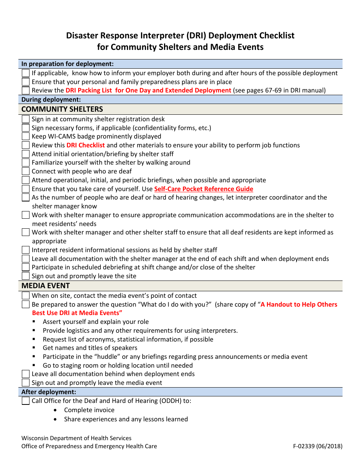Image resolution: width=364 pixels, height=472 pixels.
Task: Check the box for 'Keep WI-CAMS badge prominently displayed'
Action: (26, 136)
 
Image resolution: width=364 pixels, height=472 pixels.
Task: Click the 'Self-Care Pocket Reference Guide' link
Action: (203, 189)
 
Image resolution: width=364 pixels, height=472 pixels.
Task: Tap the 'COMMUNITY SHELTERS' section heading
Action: (62, 109)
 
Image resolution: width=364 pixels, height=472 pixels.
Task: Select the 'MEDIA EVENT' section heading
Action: (46, 286)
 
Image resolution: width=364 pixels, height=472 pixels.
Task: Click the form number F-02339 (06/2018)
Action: (318, 446)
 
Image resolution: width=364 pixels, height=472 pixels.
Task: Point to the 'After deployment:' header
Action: (49, 392)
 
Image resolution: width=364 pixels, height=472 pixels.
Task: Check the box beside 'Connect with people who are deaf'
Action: (26, 171)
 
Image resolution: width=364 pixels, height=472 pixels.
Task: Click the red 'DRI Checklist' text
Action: (85, 145)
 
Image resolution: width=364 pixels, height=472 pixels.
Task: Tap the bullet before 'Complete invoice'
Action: (56, 410)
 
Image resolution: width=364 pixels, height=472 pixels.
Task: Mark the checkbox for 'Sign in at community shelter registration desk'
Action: (26, 119)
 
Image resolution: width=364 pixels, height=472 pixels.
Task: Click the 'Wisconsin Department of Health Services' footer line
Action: (76, 438)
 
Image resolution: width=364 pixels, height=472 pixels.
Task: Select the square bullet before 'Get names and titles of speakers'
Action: (34, 348)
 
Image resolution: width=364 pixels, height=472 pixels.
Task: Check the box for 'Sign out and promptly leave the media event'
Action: (26, 383)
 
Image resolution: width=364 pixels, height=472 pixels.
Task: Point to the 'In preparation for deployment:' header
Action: (67, 64)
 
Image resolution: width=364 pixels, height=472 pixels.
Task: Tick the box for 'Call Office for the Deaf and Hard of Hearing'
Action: (26, 401)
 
